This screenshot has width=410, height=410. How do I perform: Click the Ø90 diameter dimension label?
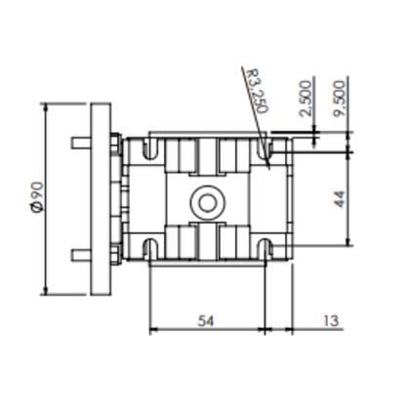(38, 197)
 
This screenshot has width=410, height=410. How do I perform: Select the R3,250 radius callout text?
(257, 91)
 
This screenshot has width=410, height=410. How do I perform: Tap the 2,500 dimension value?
(306, 99)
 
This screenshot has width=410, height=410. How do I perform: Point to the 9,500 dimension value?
(340, 99)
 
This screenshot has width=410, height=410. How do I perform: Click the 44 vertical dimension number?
(340, 199)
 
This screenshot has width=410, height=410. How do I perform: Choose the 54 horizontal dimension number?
(206, 321)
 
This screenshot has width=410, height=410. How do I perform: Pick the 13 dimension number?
(331, 321)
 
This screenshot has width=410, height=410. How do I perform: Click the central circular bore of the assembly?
(208, 203)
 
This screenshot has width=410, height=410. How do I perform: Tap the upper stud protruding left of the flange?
(81, 143)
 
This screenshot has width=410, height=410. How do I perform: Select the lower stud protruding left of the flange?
(81, 255)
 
